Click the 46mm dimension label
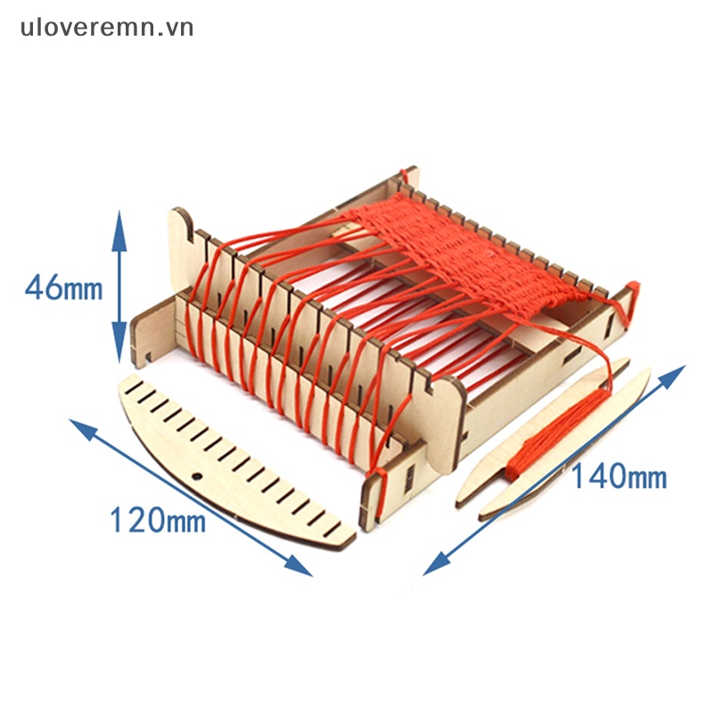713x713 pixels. [63, 288]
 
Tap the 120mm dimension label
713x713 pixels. [157, 519]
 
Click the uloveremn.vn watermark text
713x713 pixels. [107, 28]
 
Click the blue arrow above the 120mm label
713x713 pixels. [191, 496]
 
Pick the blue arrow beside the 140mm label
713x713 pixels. [553, 470]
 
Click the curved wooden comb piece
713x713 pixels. [232, 463]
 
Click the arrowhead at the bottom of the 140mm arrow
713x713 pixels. [433, 565]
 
